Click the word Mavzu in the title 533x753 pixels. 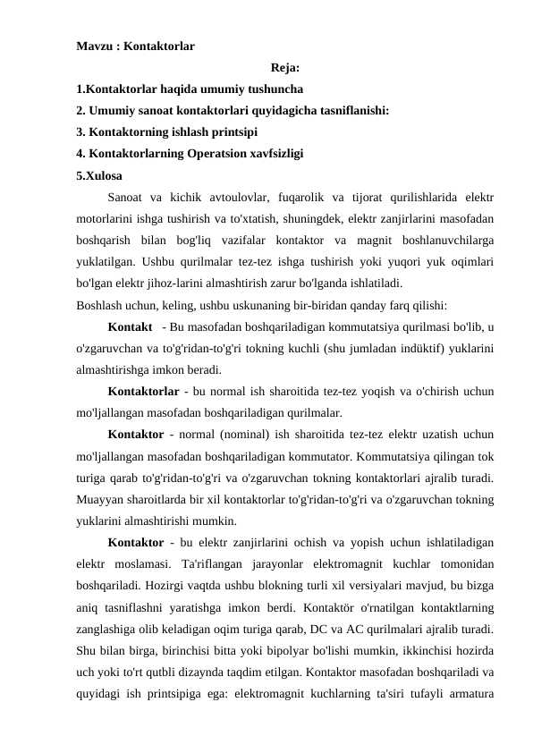pyautogui.click(x=95, y=44)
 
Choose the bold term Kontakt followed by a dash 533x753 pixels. pyautogui.click(x=129, y=326)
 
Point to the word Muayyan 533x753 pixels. pyautogui.click(x=100, y=498)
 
